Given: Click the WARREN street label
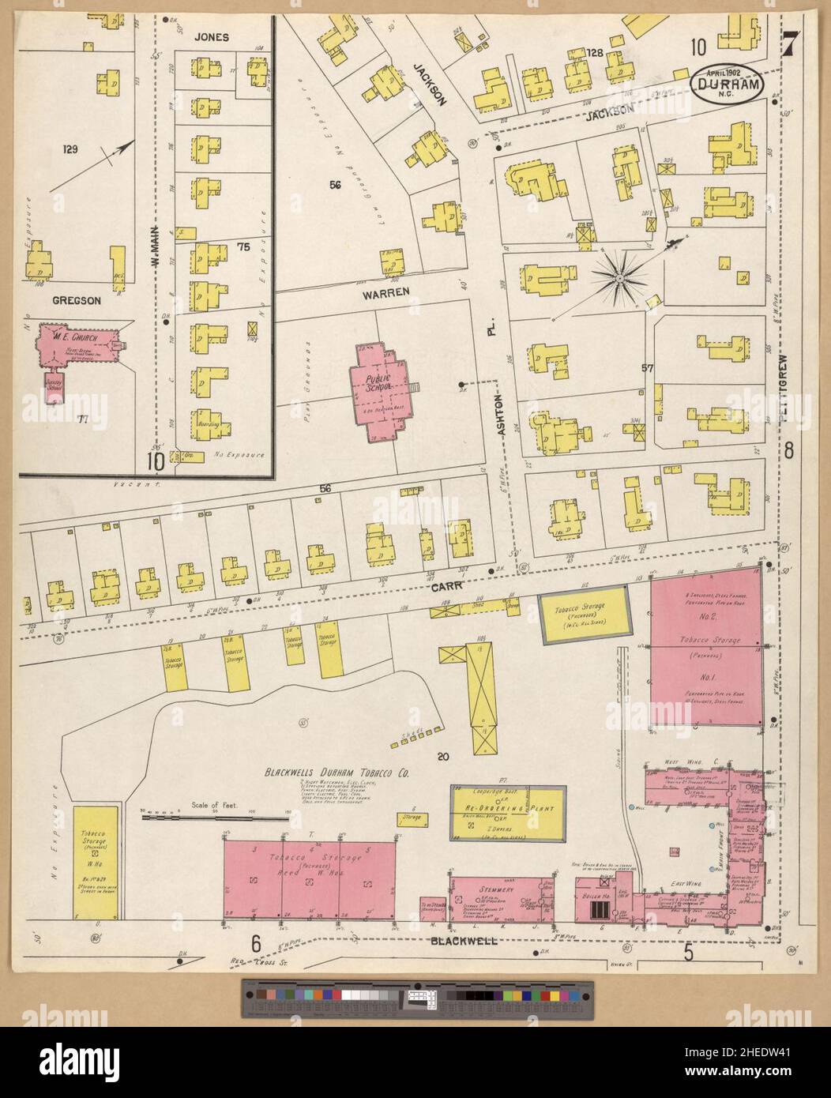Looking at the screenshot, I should [385, 292].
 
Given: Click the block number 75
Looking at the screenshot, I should [243, 247].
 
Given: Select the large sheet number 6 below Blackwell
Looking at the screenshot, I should [256, 943].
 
